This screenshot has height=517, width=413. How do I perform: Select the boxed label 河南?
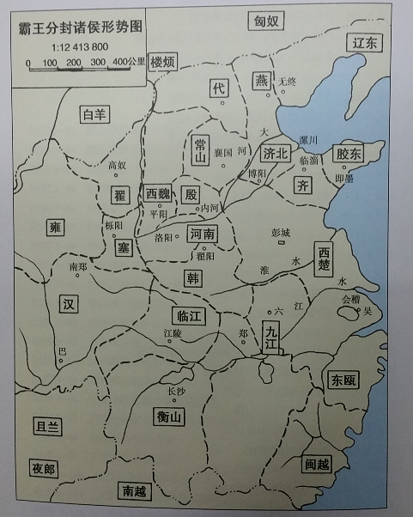tap(203, 233)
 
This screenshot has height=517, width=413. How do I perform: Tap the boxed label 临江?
tap(188, 315)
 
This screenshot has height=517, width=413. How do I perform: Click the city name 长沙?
tap(175, 392)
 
